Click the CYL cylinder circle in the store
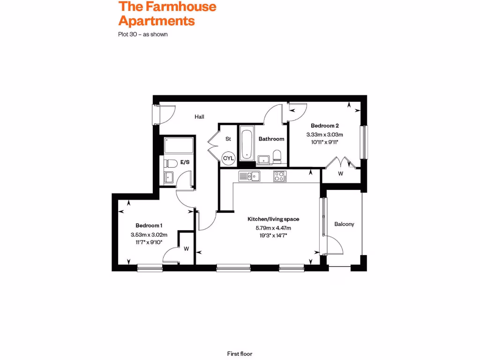coord(228,158)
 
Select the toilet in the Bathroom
coord(277,157)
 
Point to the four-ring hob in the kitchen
coord(280,176)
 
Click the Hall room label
coord(200,117)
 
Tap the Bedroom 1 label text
coord(149,225)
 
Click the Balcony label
coord(344,224)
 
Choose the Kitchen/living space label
coord(273,219)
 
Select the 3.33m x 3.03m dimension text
coord(324,135)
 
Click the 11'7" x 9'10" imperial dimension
coord(149,242)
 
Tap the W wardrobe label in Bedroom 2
coord(340,173)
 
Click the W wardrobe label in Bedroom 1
coord(186,249)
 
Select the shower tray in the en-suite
coord(179,146)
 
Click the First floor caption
coord(240,354)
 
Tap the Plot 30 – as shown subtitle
coord(142,34)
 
